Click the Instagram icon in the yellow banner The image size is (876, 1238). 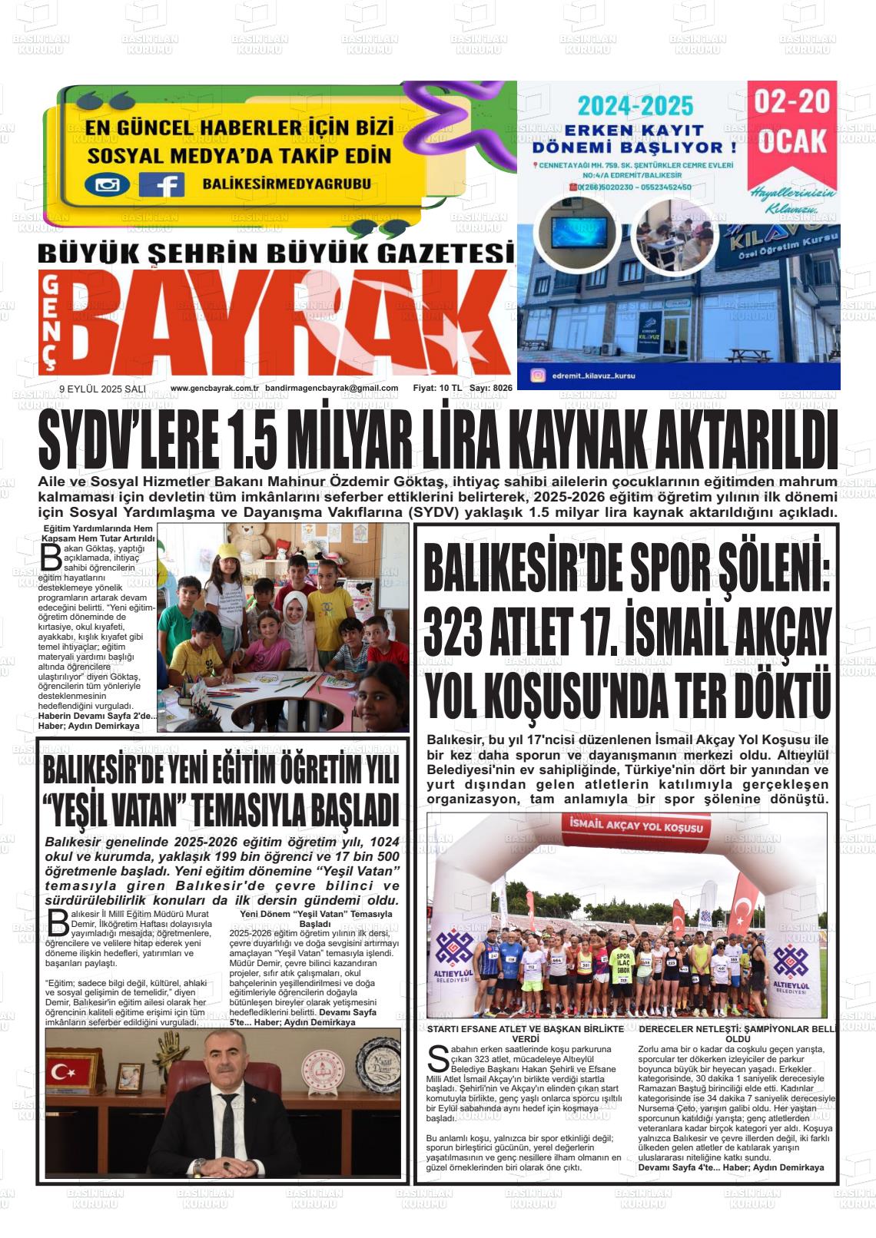pyautogui.click(x=107, y=184)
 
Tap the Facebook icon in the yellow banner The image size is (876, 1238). pyautogui.click(x=161, y=184)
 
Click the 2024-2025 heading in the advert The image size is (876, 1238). pyautogui.click(x=635, y=106)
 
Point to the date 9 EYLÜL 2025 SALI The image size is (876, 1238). pyautogui.click(x=102, y=389)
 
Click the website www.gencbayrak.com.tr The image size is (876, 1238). pyautogui.click(x=214, y=389)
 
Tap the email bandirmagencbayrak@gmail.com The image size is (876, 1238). pyautogui.click(x=331, y=389)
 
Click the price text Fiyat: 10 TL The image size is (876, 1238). pyautogui.click(x=436, y=389)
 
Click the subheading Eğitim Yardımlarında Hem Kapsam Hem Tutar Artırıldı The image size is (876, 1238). pyautogui.click(x=98, y=534)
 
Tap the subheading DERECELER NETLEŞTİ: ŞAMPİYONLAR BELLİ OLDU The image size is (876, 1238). pyautogui.click(x=737, y=1033)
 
